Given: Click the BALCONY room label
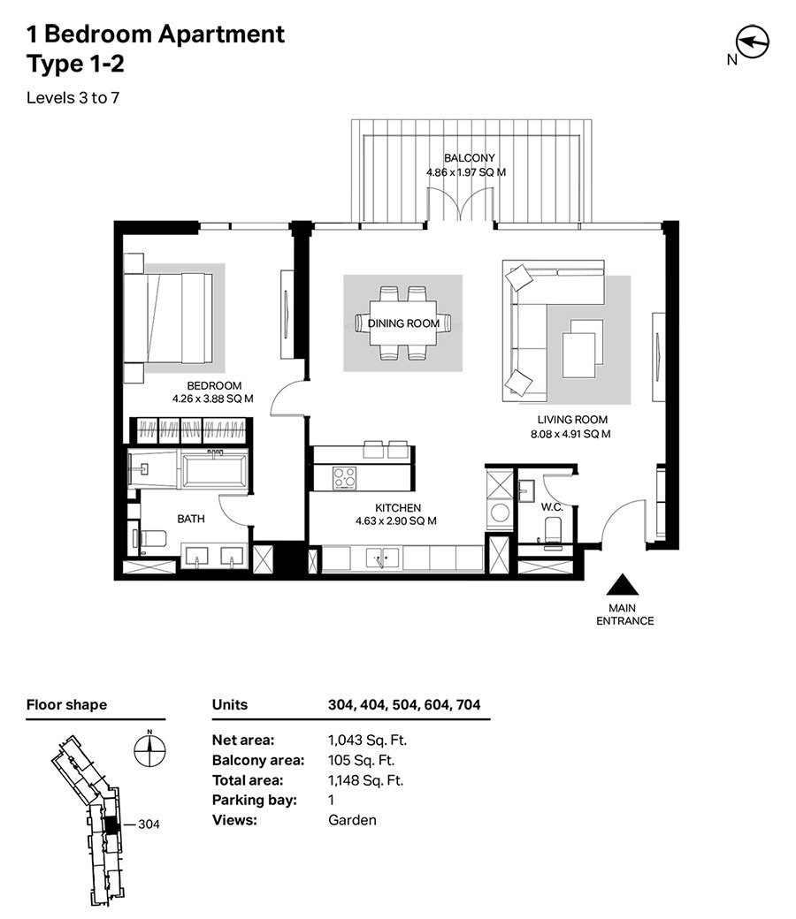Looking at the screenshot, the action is click(x=470, y=157).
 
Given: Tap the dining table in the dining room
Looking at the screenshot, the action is click(x=403, y=323).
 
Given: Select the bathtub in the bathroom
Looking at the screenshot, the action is click(x=213, y=469).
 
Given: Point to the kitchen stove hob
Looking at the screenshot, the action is click(x=344, y=477).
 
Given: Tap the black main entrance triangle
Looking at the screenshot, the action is click(x=623, y=585).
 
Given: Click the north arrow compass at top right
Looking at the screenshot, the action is click(x=753, y=42).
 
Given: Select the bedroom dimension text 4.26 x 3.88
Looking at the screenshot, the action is click(x=212, y=399).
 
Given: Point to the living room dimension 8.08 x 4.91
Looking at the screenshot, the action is click(x=570, y=434).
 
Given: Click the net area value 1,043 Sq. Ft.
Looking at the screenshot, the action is click(x=367, y=741).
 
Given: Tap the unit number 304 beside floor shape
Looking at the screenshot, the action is click(x=149, y=824).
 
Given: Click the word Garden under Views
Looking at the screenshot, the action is click(x=352, y=820).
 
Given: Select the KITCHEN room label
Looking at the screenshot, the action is click(x=398, y=507).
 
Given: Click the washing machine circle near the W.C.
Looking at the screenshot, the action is click(x=500, y=513).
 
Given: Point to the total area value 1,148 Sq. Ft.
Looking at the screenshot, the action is click(x=366, y=780).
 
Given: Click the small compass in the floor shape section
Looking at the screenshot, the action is click(x=149, y=749).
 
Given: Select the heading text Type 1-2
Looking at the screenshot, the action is click(x=76, y=64).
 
